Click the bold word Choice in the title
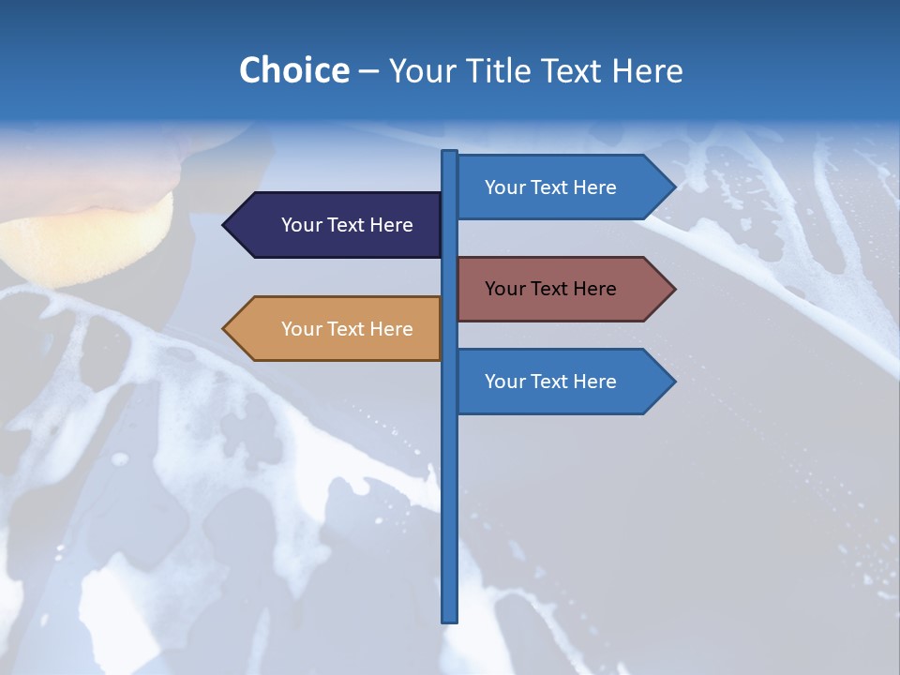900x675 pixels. (293, 70)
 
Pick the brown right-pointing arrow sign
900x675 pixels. (559, 289)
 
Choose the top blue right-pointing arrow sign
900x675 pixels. (559, 187)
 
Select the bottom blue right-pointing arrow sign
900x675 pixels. (559, 382)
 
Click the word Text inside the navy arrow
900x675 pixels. (346, 225)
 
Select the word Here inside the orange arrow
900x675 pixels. (391, 329)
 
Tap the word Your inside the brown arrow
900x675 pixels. (505, 289)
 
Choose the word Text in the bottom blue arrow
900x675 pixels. (549, 382)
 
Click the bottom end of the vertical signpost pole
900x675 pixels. (450, 619)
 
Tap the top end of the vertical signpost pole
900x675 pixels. (450, 153)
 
